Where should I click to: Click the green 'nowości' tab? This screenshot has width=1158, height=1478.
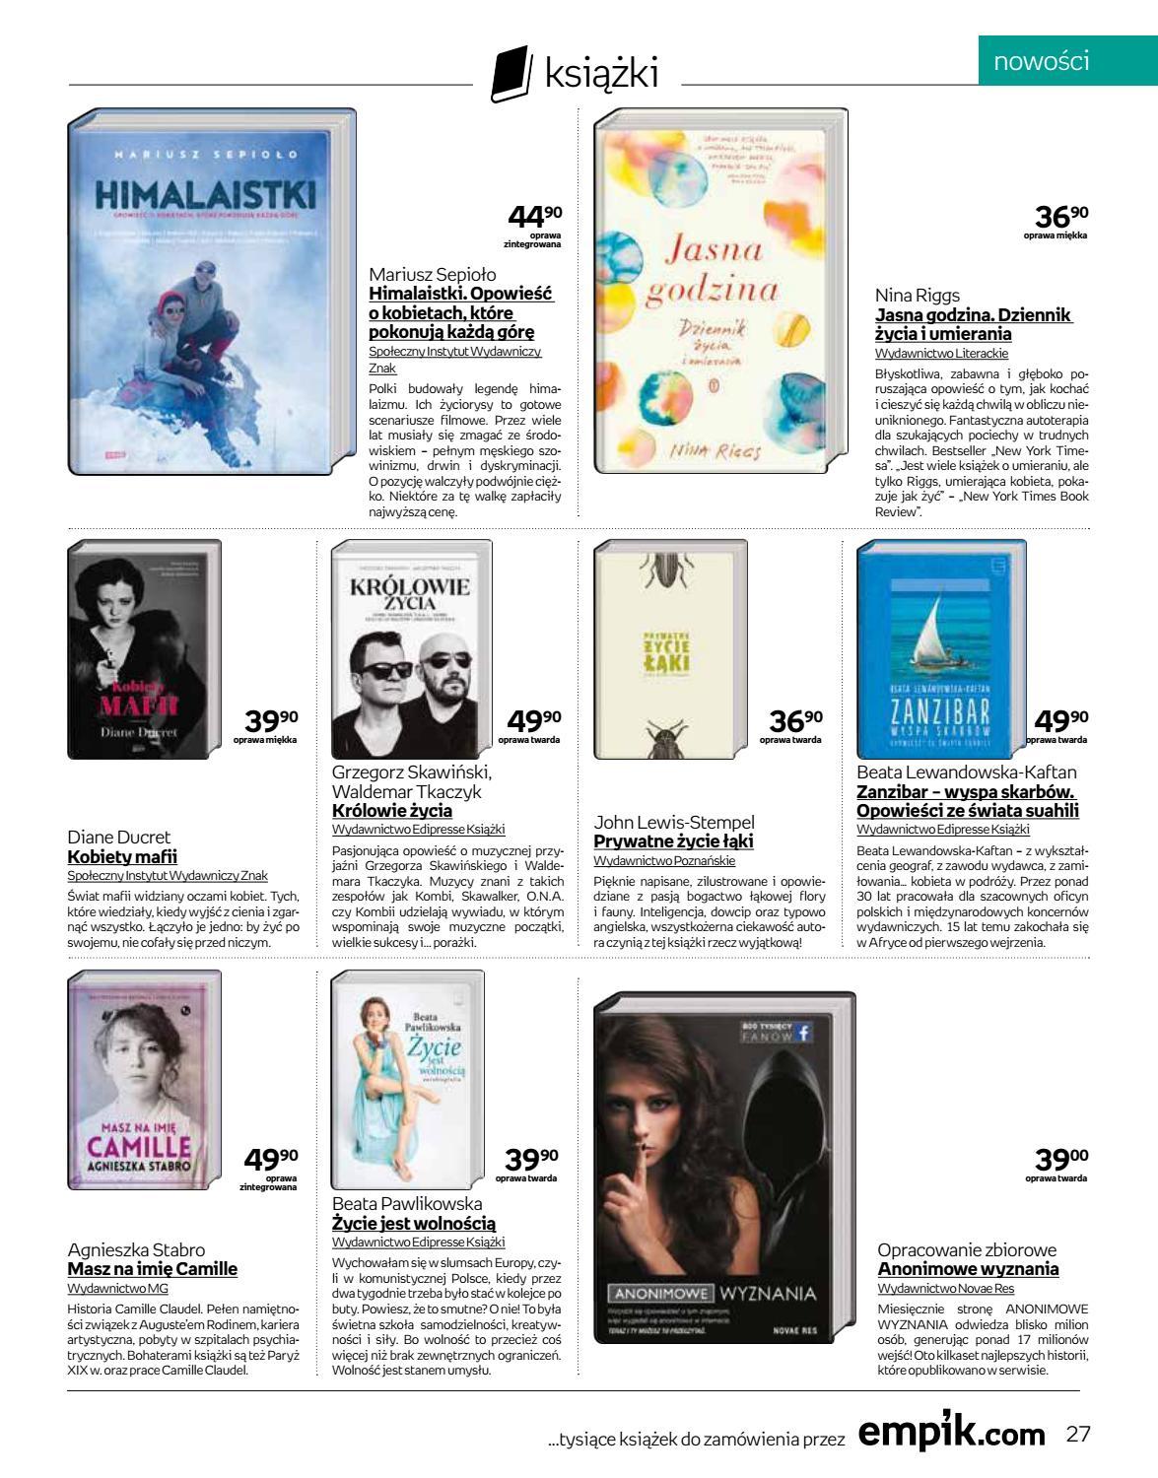(x=1041, y=62)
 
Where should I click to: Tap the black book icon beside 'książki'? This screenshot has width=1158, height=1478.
(x=508, y=77)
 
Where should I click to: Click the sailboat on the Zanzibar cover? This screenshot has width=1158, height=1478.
(x=932, y=636)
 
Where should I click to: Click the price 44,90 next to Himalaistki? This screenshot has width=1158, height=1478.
(x=534, y=217)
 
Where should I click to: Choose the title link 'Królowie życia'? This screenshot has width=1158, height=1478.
(x=392, y=811)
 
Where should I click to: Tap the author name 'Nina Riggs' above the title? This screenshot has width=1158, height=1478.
(x=916, y=295)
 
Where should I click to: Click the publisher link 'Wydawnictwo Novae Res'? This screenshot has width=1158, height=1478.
(x=945, y=1288)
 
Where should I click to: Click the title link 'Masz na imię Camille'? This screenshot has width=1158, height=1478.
(x=152, y=1269)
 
